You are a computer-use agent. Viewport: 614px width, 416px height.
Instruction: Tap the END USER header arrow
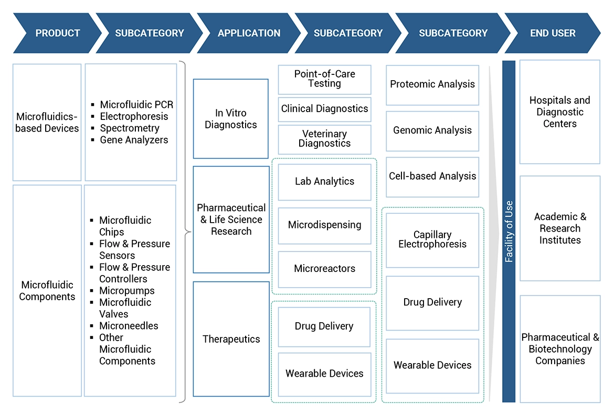553,33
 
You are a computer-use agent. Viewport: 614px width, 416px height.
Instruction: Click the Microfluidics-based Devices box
47,122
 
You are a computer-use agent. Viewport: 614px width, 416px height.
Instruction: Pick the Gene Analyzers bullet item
134,140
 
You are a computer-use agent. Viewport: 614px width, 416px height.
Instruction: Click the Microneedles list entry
129,326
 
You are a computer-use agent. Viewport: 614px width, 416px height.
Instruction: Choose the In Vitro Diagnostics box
231,119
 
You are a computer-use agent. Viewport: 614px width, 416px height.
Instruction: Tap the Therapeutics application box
231,339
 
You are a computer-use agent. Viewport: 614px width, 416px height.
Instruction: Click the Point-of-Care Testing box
324,79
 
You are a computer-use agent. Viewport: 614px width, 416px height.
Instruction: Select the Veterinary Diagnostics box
324,139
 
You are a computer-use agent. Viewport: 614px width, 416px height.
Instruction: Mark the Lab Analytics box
324,181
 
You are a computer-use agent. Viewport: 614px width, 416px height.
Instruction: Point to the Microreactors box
324,269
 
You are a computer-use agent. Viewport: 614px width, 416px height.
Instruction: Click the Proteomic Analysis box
432,84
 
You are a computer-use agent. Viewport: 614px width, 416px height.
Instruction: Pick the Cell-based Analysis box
432,177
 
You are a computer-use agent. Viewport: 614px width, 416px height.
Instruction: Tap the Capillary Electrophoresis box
432,239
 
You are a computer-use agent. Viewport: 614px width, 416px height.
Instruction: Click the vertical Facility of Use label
509,232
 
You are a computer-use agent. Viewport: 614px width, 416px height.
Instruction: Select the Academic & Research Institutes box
560,228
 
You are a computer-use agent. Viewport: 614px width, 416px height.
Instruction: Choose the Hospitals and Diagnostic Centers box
560,112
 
